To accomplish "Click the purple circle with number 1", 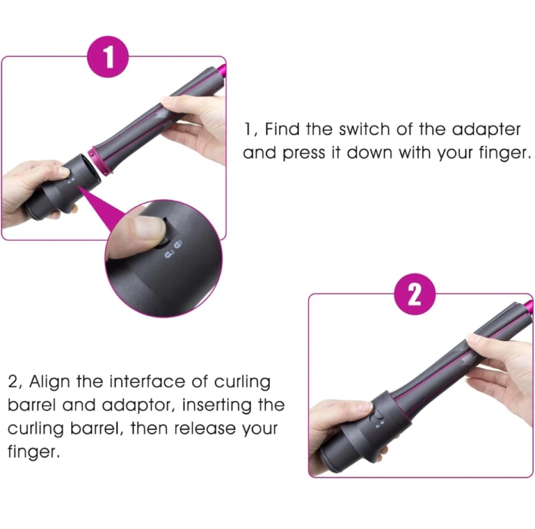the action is point(108,57).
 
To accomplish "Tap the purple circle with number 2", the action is point(415,294).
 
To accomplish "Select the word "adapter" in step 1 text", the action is point(486,130).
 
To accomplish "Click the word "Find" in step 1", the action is point(282,129).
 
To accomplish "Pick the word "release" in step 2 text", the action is point(204,429).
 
